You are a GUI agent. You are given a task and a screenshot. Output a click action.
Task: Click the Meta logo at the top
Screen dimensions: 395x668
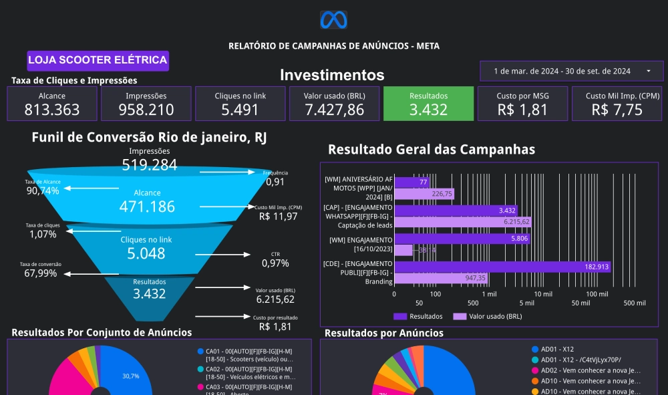[334, 20]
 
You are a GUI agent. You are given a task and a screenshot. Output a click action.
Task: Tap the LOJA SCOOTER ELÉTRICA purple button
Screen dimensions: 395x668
[98, 60]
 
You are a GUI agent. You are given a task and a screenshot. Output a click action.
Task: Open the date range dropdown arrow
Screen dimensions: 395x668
[648, 71]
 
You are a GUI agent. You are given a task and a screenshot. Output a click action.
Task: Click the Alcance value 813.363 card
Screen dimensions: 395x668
[52, 110]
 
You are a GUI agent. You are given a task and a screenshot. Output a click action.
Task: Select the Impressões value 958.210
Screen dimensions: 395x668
[146, 110]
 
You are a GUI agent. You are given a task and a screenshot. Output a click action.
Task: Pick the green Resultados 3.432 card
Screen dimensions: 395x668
[428, 104]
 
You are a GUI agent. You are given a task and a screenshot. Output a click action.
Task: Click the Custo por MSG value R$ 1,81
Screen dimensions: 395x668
[522, 110]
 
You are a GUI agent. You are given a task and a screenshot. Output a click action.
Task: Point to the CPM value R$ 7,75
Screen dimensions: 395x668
[617, 110]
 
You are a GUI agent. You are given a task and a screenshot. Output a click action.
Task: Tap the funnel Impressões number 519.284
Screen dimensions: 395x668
[149, 165]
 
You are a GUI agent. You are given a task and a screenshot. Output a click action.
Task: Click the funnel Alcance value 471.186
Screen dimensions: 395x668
[147, 207]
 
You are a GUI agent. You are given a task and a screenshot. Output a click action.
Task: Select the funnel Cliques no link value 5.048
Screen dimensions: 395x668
[146, 253]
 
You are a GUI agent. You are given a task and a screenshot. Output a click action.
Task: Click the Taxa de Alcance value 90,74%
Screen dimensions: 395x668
[43, 191]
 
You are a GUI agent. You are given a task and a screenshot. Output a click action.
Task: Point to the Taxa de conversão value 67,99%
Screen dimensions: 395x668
[41, 273]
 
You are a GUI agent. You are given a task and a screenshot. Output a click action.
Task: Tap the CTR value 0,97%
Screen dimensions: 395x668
[276, 263]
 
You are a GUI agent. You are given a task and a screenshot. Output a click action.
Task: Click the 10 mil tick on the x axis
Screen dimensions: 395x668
[543, 293]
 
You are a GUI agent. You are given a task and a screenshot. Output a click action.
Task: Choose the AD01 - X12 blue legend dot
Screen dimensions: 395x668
[534, 350]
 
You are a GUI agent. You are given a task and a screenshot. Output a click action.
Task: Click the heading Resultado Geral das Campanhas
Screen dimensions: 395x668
[432, 150]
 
